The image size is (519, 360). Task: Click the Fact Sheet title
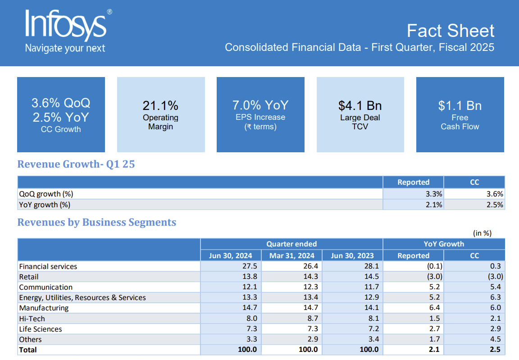[451, 31]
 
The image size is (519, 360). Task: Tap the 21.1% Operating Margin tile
[161, 114]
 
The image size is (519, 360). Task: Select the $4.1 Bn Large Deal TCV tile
[360, 114]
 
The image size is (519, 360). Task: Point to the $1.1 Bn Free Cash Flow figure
[460, 106]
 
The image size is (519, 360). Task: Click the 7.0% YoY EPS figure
[260, 105]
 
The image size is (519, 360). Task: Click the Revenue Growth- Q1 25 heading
[76, 164]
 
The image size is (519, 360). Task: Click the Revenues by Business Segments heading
[96, 222]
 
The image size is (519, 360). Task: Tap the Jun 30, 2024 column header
[231, 255]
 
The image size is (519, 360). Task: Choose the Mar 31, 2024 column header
[292, 255]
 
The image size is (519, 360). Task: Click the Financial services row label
[48, 266]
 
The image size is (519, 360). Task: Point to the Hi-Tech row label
[32, 319]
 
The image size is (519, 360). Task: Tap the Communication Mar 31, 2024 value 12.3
[311, 287]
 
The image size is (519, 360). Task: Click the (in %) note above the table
[483, 233]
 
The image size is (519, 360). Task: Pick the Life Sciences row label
[41, 329]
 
